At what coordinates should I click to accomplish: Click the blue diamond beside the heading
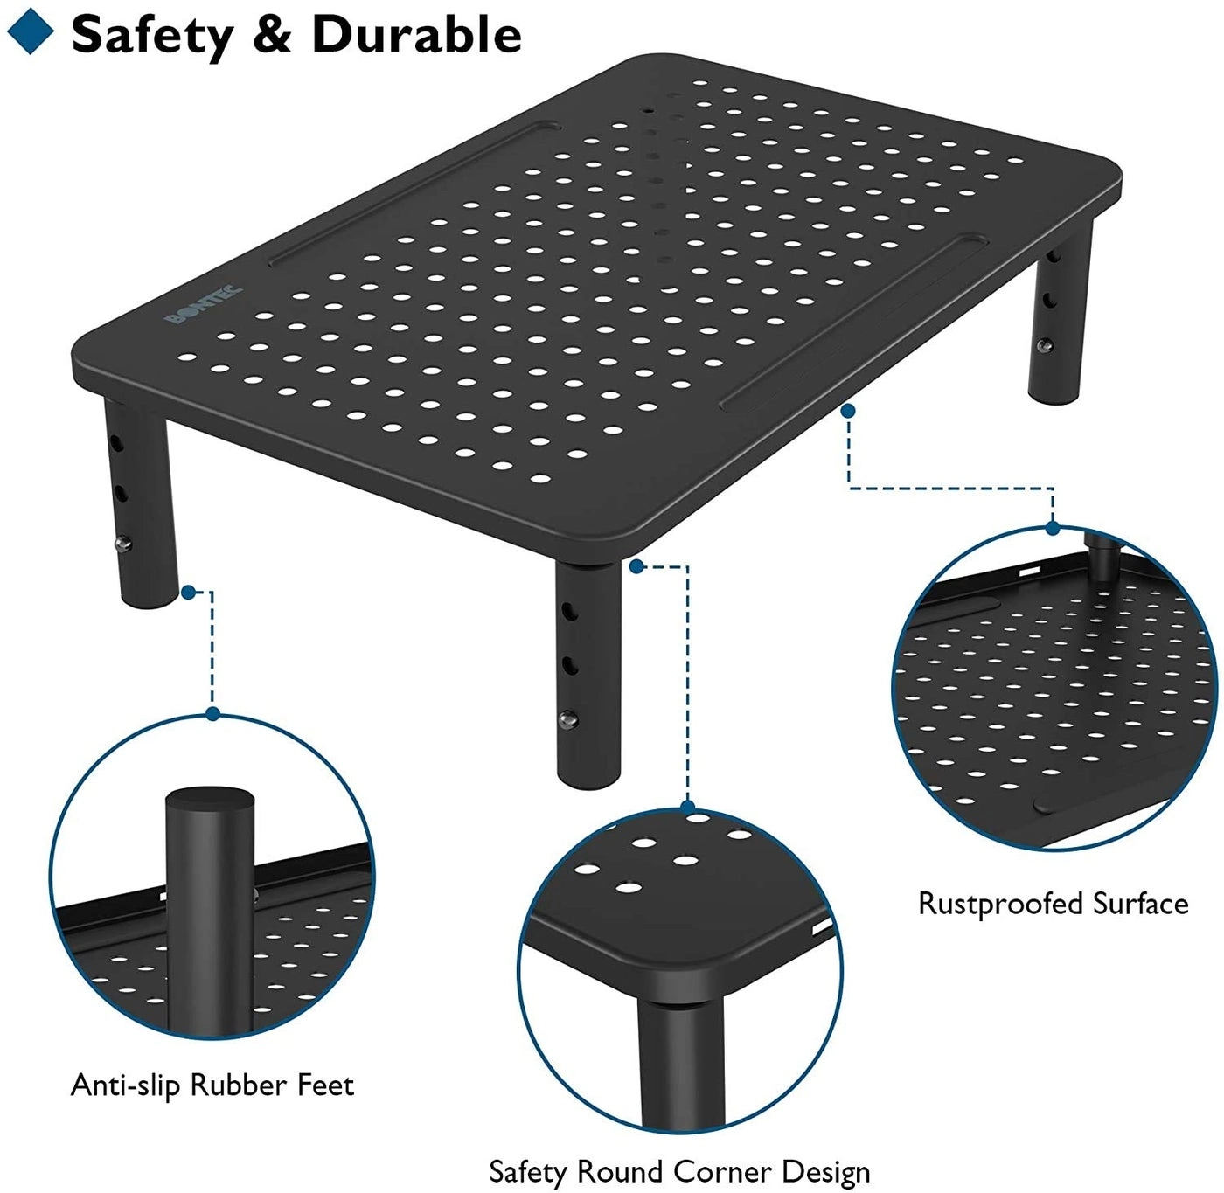point(30,33)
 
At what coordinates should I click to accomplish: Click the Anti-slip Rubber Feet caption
point(212,1085)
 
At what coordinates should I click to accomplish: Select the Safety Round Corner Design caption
point(679,1170)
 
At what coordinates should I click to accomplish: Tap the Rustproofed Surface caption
point(1053,903)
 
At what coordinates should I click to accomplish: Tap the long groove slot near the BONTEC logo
point(411,192)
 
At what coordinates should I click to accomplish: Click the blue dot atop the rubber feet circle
point(212,714)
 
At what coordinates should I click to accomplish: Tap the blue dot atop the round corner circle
point(688,807)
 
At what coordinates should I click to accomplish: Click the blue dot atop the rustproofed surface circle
point(1053,528)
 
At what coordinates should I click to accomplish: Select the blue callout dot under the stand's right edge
point(847,409)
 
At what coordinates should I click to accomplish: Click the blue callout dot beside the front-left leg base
point(188,593)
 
